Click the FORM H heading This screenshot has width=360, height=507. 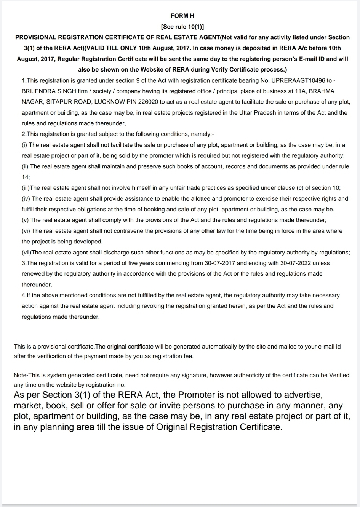(x=182, y=16)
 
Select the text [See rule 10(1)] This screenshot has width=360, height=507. (x=182, y=27)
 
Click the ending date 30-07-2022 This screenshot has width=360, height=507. (x=298, y=263)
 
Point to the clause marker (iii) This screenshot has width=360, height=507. (x=26, y=188)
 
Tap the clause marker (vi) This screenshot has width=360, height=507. (x=26, y=231)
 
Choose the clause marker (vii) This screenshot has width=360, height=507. (x=27, y=253)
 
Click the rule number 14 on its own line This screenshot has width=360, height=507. (x=26, y=177)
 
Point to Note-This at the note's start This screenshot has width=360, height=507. (x=27, y=375)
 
